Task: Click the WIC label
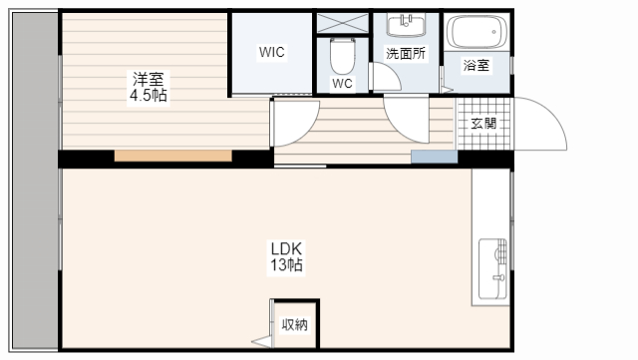[272, 52]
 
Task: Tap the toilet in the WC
[342, 52]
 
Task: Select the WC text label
[342, 84]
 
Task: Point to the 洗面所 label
[406, 54]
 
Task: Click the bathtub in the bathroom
[477, 35]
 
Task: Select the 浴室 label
[477, 66]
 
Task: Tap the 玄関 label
[483, 124]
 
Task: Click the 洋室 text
[147, 79]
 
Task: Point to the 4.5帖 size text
[147, 96]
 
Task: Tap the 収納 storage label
[294, 324]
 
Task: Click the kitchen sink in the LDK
[492, 268]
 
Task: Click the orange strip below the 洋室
[173, 157]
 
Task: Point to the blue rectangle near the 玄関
[433, 157]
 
